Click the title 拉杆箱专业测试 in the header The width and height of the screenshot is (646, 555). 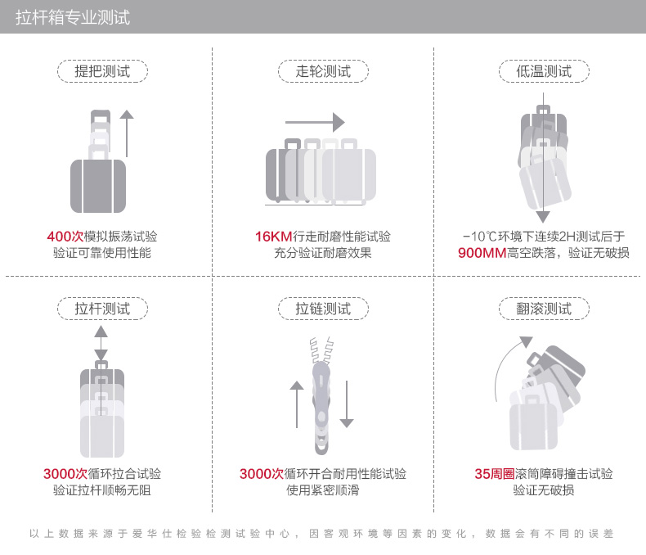point(73,18)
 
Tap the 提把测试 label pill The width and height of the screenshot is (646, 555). point(102,71)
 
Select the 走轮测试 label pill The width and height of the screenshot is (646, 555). point(323,71)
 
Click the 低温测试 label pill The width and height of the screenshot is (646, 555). point(544,71)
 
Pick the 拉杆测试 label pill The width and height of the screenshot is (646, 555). point(102,309)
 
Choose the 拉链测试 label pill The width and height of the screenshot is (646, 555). point(323,309)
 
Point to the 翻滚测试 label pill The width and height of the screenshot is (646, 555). point(544,309)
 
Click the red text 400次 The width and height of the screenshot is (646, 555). point(65,237)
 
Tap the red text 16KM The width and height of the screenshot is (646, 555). point(274,237)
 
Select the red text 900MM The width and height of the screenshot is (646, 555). point(482,253)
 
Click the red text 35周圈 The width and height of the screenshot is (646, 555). point(495,474)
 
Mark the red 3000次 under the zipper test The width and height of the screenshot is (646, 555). point(262,474)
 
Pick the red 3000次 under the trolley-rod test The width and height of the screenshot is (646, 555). point(65,474)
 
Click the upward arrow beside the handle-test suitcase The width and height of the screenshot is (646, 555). point(127,133)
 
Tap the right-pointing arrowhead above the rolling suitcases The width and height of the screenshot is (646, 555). point(339,122)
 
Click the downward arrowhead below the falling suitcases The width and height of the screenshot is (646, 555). point(543,217)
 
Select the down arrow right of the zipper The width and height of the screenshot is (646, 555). point(347,404)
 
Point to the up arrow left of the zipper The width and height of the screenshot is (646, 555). point(297,404)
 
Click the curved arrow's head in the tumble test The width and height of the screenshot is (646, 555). point(526,341)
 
